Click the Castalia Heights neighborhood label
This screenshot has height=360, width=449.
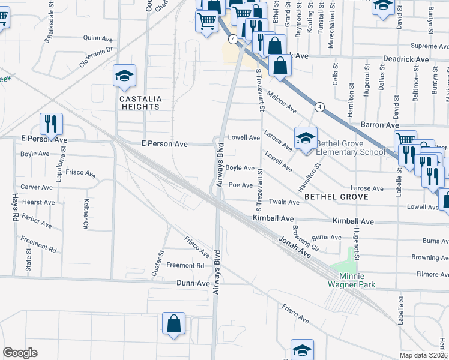pyautogui.click(x=139, y=103)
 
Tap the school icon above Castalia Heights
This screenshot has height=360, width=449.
pyautogui.click(x=124, y=76)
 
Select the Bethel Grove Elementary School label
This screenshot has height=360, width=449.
pyautogui.click(x=351, y=148)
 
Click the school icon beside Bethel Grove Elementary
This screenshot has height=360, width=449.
pyautogui.click(x=305, y=139)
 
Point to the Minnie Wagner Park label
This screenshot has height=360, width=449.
pyautogui.click(x=353, y=280)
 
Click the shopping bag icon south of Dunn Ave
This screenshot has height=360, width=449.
pyautogui.click(x=173, y=323)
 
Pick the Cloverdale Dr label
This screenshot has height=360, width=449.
pyautogui.click(x=96, y=56)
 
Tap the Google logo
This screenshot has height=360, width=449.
pyautogui.click(x=20, y=352)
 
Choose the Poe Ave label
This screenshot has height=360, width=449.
pyautogui.click(x=240, y=185)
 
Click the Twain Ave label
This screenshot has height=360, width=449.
pyautogui.click(x=283, y=202)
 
